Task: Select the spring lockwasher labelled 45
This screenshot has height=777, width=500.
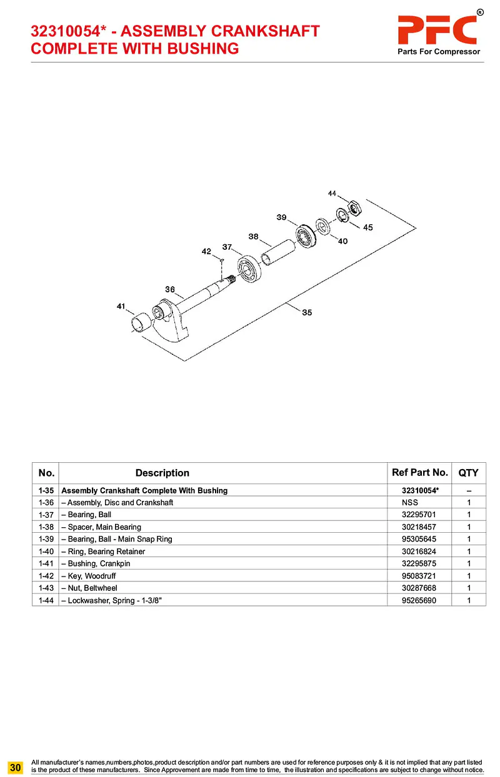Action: coord(343,214)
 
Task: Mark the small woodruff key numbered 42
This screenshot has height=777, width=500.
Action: coord(222,260)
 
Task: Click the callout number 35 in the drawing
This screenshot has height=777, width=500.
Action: coord(307,313)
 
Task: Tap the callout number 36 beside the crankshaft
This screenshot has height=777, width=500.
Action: coord(170,289)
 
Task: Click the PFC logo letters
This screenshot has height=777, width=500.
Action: coord(438,29)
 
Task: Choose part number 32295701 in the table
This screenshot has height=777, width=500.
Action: coord(419,515)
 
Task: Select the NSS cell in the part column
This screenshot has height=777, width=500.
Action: coord(410,503)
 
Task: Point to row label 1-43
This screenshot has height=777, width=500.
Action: coord(45,588)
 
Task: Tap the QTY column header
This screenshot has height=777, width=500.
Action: coord(468,473)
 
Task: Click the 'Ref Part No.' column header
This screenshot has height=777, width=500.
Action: coord(419,473)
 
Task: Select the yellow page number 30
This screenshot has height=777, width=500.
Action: coord(16,766)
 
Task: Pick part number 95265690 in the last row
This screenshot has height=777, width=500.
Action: coord(419,600)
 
